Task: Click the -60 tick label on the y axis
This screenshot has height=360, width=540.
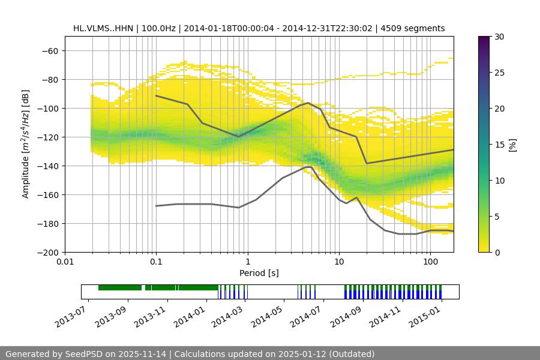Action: point(50,50)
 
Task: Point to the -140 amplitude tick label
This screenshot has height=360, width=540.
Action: point(48,166)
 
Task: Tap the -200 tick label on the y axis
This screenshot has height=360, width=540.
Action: point(48,252)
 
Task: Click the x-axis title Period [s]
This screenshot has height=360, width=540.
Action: point(259,274)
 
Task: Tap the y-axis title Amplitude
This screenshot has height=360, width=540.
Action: point(26,144)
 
